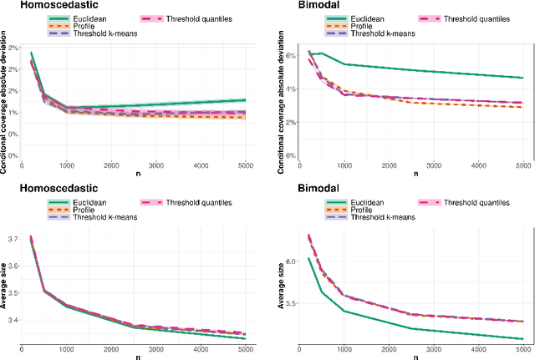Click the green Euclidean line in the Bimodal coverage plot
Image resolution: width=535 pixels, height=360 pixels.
[418, 69]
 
